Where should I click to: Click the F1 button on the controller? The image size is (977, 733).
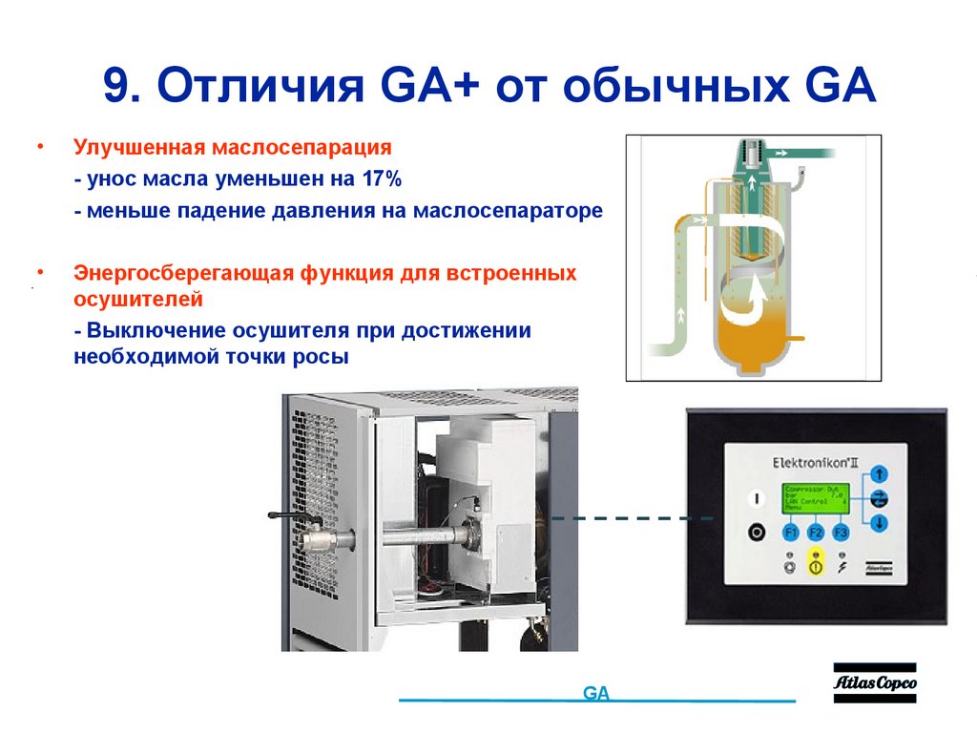click(x=791, y=532)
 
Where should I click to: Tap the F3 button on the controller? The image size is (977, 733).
click(x=840, y=532)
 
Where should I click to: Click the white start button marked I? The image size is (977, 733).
click(x=757, y=497)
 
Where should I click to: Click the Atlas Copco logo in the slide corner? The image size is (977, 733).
click(x=874, y=682)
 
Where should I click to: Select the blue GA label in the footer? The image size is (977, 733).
click(x=595, y=694)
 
